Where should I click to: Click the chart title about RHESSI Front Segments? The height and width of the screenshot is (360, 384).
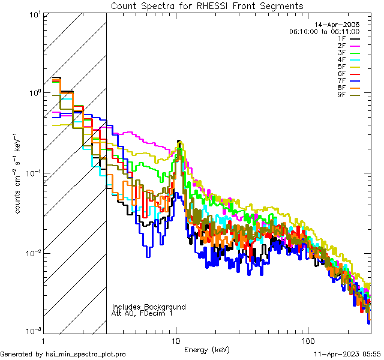(207, 5)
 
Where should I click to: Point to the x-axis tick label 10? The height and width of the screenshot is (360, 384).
(176, 340)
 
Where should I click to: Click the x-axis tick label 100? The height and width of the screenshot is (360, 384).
(308, 340)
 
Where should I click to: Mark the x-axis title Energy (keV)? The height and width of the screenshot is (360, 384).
(207, 350)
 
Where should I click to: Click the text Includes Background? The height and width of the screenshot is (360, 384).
(149, 307)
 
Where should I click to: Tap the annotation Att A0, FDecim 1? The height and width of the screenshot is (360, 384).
(142, 313)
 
